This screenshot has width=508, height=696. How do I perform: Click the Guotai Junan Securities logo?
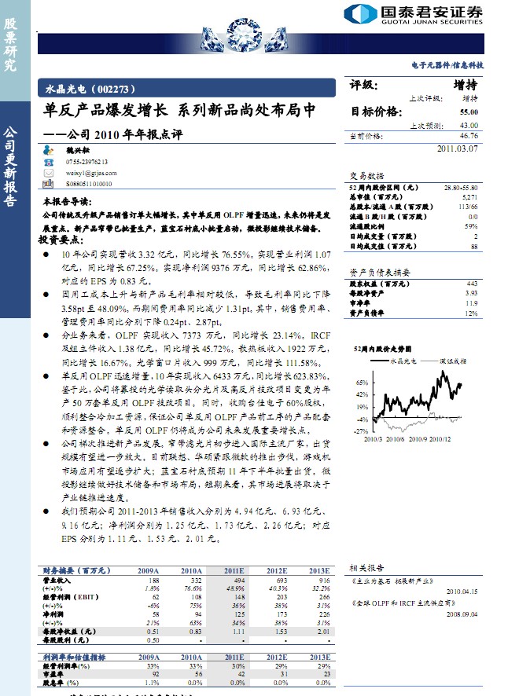(x=414, y=13)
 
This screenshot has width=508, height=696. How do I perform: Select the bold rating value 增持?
(x=466, y=86)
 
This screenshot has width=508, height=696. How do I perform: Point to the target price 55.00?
(x=469, y=112)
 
